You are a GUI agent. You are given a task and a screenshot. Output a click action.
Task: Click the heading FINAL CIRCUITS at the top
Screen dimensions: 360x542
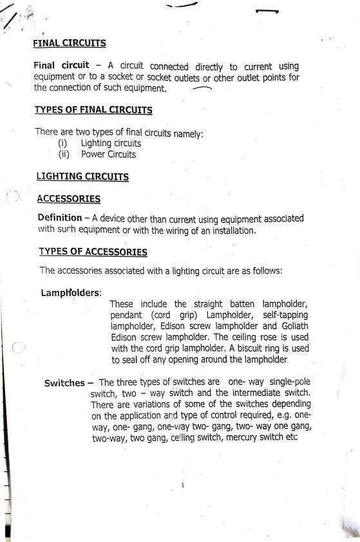(x=70, y=44)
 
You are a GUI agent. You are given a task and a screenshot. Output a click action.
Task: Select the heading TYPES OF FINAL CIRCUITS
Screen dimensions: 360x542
(x=93, y=110)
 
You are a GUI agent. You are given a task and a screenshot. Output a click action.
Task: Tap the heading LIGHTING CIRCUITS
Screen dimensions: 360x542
(x=82, y=176)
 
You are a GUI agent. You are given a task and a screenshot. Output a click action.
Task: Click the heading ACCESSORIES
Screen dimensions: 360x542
(x=68, y=199)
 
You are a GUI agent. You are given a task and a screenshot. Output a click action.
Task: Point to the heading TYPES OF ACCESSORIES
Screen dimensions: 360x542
(x=93, y=252)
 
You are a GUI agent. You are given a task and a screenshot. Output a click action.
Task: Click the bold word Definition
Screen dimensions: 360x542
(x=60, y=218)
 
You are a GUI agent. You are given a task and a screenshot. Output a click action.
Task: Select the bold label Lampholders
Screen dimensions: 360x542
(x=71, y=293)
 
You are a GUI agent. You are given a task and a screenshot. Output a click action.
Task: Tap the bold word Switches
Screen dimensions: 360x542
(x=64, y=383)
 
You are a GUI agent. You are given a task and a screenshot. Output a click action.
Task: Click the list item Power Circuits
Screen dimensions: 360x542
(x=108, y=154)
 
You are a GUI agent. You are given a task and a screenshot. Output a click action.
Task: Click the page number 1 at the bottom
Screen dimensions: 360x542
(x=183, y=485)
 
